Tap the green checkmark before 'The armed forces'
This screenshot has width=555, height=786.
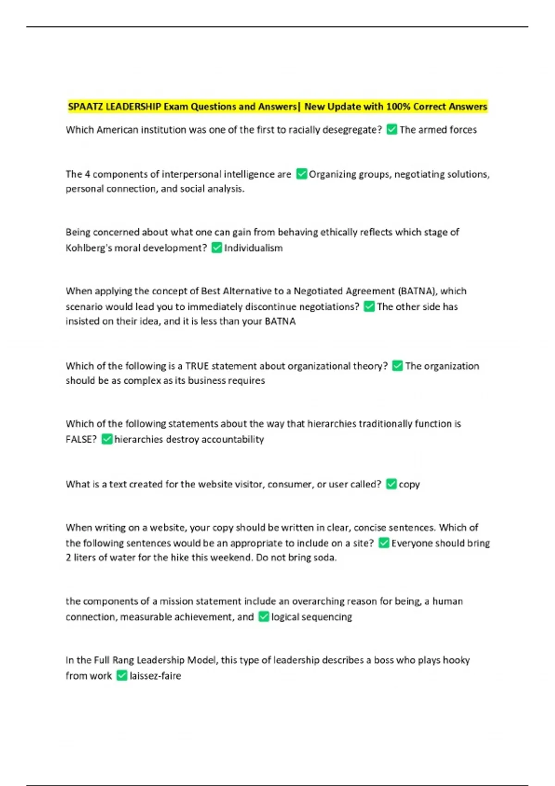(392, 130)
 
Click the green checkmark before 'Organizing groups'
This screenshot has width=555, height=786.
(302, 174)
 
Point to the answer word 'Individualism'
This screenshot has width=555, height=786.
(253, 248)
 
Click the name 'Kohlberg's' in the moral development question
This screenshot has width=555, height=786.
(88, 248)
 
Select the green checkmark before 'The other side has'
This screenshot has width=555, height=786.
(369, 307)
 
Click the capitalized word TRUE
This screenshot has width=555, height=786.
(197, 366)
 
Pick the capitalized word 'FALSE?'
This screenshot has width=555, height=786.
(81, 439)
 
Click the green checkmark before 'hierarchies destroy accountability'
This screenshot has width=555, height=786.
(107, 439)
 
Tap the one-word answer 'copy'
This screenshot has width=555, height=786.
(409, 485)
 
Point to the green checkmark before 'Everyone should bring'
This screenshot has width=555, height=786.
(384, 543)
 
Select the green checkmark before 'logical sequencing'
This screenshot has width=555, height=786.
(264, 617)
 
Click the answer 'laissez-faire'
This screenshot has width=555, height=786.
(155, 676)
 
